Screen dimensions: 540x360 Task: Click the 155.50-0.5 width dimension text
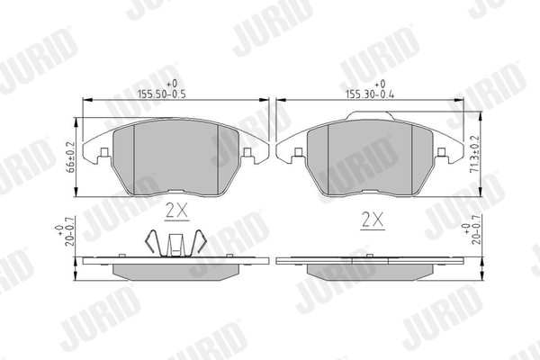click(161, 94)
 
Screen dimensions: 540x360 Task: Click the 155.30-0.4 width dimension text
click(370, 94)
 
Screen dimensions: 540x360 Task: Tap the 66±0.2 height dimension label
click(71, 157)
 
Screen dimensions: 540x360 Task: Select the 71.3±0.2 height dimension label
click(475, 155)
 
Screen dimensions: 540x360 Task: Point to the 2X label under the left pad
click(177, 211)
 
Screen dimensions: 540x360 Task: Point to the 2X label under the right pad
click(373, 220)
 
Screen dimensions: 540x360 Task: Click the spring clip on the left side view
click(175, 243)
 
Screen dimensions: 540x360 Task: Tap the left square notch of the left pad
click(104, 152)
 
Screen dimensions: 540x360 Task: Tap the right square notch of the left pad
click(247, 152)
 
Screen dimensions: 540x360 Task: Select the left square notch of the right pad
click(299, 152)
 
